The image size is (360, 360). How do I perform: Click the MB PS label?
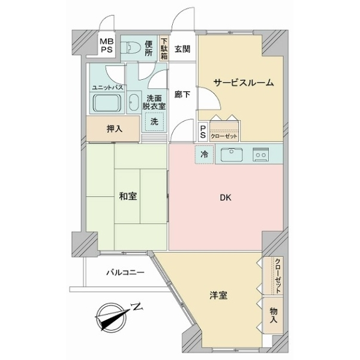[x=106, y=46]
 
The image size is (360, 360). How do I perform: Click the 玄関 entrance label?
[x=182, y=50]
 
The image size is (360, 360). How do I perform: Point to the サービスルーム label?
[x=244, y=83]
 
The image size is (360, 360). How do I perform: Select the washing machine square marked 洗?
[x=154, y=121]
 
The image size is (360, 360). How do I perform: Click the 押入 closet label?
[x=114, y=127]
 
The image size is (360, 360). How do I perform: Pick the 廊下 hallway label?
[x=182, y=94]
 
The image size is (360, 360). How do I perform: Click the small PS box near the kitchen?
[x=203, y=131]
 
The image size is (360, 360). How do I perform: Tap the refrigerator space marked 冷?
[x=204, y=155]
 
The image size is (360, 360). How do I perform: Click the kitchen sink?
[x=231, y=155]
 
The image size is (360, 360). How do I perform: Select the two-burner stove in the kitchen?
[x=261, y=155]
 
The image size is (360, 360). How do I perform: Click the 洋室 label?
[x=218, y=296]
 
